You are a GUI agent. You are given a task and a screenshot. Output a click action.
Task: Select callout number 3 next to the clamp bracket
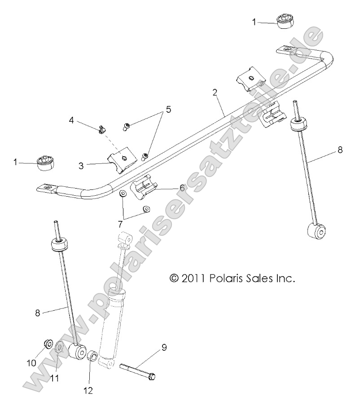click(81, 165)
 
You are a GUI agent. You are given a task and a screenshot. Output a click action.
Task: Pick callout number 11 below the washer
click(54, 378)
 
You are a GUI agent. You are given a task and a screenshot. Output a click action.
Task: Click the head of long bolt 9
click(152, 375)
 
